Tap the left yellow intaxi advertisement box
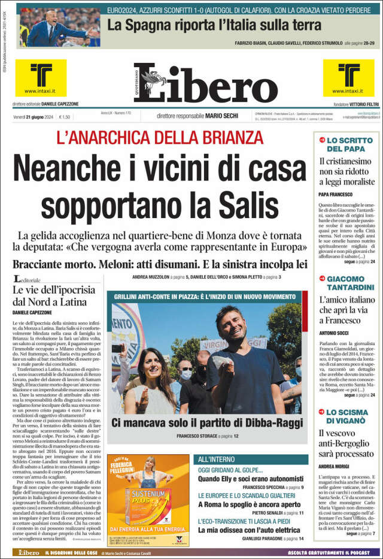tap(41, 78)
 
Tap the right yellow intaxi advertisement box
tap(348, 78)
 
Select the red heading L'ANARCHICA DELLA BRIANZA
tap(160, 137)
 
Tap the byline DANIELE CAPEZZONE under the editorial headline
tap(32, 313)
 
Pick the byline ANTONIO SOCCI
tap(335, 334)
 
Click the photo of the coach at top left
tap(59, 26)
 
